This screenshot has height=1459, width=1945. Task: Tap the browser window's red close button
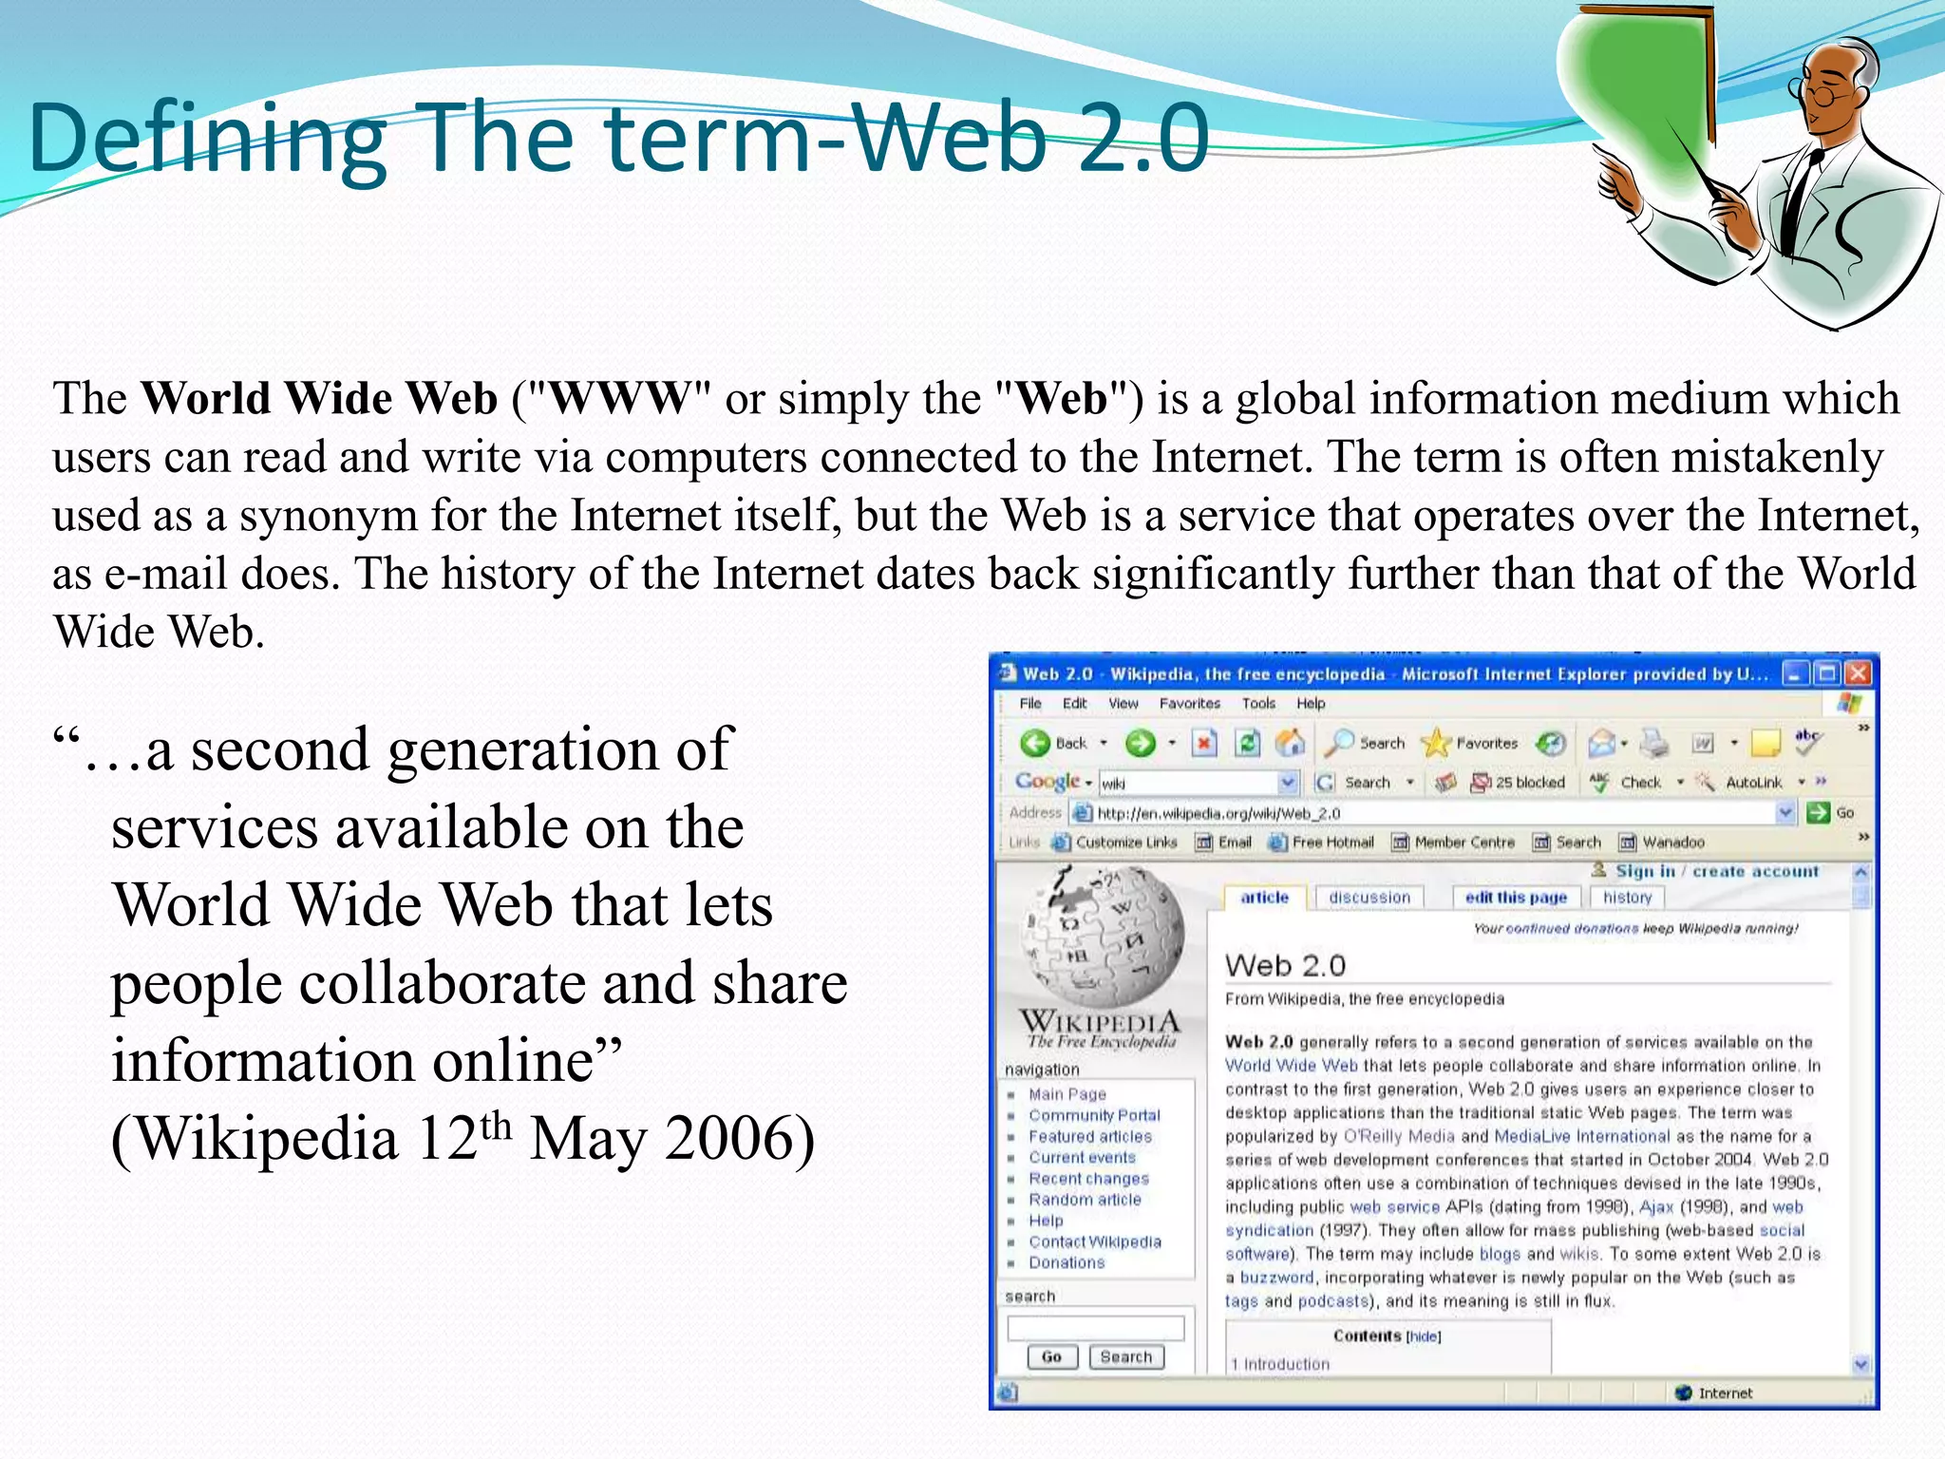pos(1859,673)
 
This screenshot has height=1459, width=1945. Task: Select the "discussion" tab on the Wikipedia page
pos(1369,897)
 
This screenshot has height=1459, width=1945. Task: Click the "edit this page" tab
pos(1516,897)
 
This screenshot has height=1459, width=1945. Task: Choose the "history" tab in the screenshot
pos(1627,897)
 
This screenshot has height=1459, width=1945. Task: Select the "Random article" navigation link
pos(1085,1200)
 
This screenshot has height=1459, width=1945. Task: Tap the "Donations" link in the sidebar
pos(1067,1262)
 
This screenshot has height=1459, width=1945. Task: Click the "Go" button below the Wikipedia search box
pos(1051,1356)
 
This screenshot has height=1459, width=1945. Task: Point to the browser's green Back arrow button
pos(1035,743)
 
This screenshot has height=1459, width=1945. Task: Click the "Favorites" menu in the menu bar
pos(1189,703)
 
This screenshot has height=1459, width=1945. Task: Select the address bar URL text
pos(1218,813)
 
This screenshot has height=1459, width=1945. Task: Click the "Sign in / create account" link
pos(1717,871)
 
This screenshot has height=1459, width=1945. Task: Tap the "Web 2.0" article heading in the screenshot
pos(1285,966)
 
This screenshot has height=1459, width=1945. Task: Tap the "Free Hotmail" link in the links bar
pos(1332,843)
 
